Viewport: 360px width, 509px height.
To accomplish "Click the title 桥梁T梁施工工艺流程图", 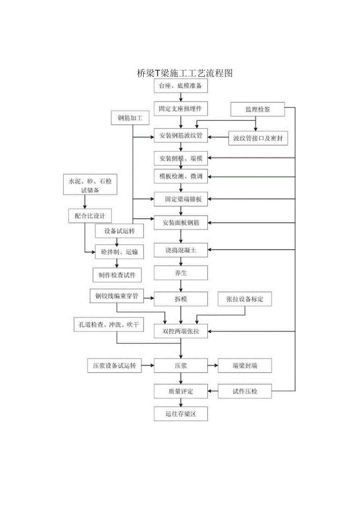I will click(x=185, y=73).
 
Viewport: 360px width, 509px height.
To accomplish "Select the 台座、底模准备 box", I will click(x=180, y=86).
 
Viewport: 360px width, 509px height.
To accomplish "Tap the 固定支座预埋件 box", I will click(x=180, y=109).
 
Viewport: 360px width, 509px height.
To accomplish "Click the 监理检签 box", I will click(x=257, y=109).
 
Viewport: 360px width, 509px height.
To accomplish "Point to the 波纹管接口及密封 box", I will click(x=257, y=138).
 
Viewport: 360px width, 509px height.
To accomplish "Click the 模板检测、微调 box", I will click(x=180, y=176).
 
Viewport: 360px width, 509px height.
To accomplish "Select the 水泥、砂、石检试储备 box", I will click(x=90, y=185).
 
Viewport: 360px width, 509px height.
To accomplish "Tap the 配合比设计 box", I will click(x=90, y=215).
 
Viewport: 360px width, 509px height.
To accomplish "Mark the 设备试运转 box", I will click(x=119, y=231).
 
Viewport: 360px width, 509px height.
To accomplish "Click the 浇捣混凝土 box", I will click(x=180, y=251).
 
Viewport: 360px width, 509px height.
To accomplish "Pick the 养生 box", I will click(x=180, y=273).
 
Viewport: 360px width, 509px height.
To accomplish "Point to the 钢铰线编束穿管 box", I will click(x=116, y=296).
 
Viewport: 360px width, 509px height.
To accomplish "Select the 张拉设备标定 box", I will click(x=245, y=299).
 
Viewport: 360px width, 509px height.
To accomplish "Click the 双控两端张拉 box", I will click(x=180, y=332).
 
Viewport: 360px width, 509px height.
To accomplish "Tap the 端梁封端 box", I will click(x=245, y=366).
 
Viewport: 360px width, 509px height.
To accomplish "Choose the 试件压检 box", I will click(x=245, y=391).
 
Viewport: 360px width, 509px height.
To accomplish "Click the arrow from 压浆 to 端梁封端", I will click(x=212, y=366).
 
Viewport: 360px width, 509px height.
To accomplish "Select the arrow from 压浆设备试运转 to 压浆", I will click(x=148, y=366).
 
